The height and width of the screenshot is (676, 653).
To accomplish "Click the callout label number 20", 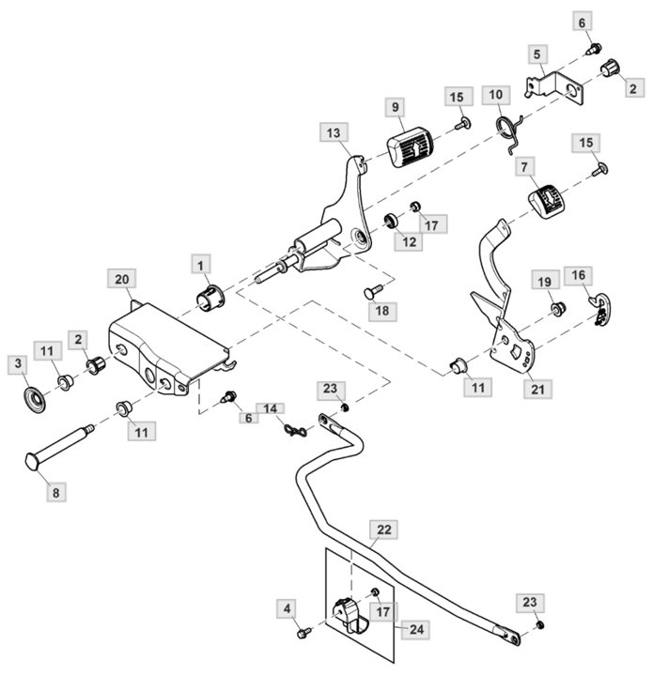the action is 121,280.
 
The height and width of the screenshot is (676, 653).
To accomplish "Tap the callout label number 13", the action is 334,132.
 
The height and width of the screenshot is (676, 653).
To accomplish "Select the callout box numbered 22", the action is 384,530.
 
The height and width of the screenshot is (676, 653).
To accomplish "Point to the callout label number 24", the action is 416,630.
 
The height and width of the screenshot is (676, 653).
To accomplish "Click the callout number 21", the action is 537,390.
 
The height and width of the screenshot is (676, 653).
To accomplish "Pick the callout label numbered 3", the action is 18,363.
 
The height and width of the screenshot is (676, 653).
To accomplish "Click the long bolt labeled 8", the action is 59,446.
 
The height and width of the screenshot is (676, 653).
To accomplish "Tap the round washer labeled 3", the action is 35,400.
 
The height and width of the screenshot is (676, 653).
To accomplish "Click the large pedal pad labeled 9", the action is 411,146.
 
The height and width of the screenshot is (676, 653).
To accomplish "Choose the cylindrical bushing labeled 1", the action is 210,299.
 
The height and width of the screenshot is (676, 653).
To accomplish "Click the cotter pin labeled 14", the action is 295,430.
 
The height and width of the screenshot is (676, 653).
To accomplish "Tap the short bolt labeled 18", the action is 374,291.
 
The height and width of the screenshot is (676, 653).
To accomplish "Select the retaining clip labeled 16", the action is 600,308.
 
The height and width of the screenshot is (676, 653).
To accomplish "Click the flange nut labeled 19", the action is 559,308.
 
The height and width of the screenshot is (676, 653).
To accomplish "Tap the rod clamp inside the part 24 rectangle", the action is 350,616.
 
